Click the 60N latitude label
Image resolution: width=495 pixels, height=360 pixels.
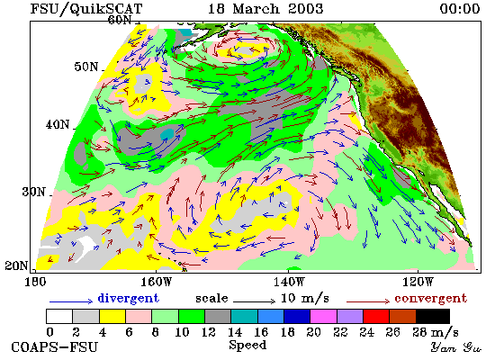120,20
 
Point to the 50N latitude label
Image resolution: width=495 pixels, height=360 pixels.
86,67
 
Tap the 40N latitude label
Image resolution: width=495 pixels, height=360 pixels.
58,125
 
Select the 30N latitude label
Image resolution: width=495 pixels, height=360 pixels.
33,192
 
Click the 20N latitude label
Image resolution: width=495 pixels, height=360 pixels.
16,265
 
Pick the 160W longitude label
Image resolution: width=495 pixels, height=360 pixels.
156,282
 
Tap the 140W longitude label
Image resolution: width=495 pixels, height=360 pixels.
289,282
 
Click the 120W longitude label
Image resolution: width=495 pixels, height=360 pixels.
418,282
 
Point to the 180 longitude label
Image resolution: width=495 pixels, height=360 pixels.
35,282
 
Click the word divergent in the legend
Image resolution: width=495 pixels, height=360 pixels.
128,298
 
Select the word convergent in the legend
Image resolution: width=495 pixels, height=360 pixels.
430,299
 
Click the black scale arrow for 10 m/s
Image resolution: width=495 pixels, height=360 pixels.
255,301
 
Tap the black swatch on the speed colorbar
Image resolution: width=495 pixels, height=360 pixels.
433,317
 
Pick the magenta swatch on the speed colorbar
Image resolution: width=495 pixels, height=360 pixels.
323,317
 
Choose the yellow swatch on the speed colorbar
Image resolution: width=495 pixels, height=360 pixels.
112,317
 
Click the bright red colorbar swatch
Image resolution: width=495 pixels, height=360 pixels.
376,317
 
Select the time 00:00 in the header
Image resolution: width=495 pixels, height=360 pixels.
460,8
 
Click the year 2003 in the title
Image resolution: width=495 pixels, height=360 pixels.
306,8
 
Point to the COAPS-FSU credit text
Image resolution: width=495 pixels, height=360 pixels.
54,347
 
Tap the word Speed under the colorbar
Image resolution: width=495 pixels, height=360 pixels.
247,345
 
